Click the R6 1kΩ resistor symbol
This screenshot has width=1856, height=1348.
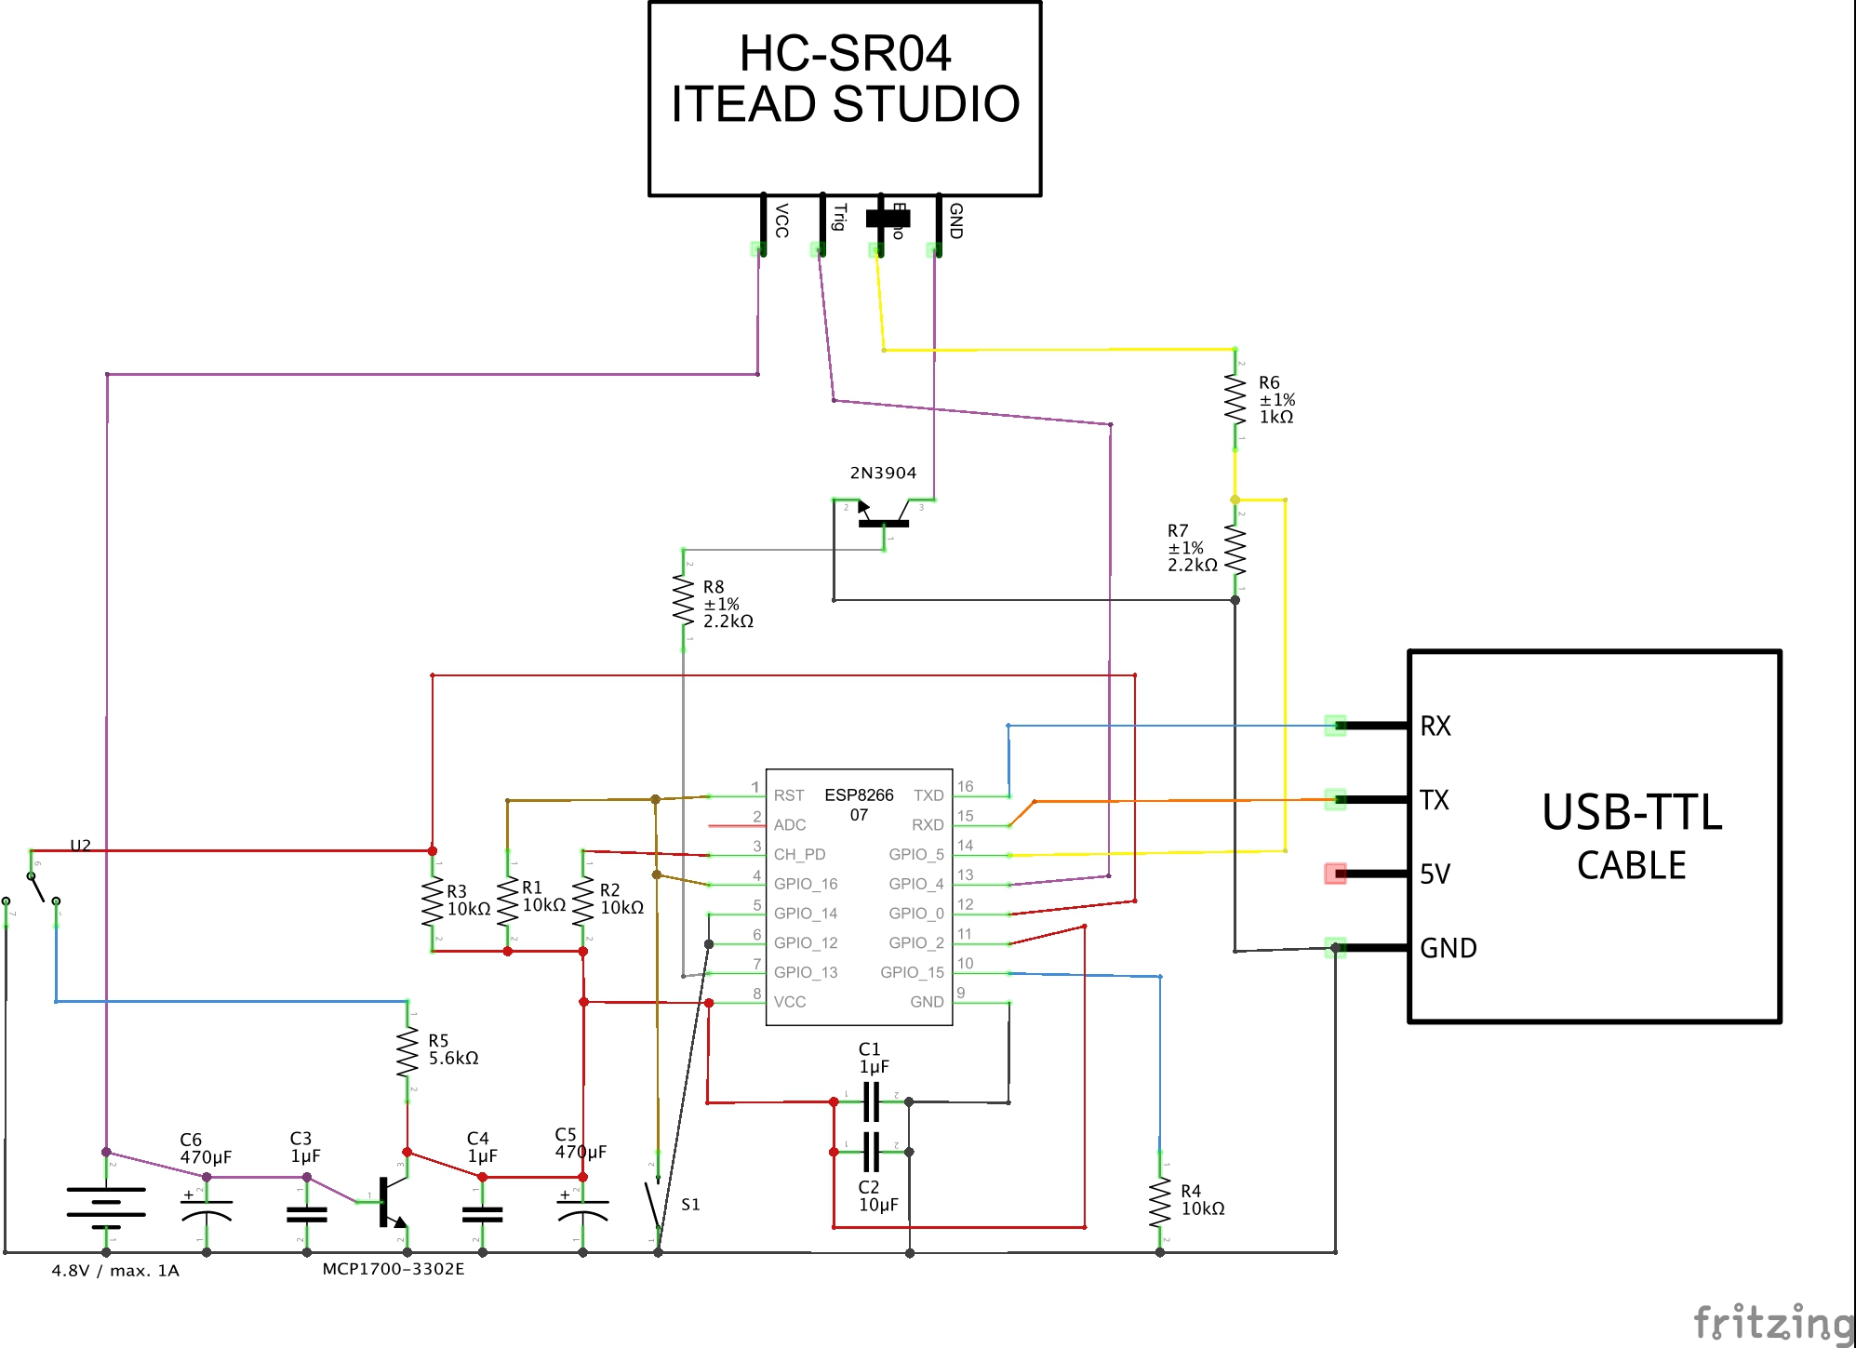(x=1235, y=398)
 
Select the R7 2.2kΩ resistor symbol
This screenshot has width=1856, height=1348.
(x=1235, y=549)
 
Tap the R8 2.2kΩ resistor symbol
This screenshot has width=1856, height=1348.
(x=684, y=601)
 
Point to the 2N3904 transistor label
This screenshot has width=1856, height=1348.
(x=883, y=473)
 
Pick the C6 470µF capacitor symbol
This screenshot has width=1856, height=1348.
(x=207, y=1208)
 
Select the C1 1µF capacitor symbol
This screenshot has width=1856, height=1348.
(x=872, y=1101)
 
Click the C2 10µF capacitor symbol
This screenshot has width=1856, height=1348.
(x=872, y=1152)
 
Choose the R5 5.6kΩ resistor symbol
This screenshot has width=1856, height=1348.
(x=407, y=1051)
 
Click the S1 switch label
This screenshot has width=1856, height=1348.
(x=690, y=1205)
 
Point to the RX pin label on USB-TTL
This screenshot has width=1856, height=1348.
(x=1435, y=727)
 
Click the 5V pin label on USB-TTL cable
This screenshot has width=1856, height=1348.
(x=1435, y=874)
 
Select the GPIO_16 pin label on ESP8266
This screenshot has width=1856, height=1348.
(x=806, y=884)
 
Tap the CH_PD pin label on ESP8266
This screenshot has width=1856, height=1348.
(x=800, y=854)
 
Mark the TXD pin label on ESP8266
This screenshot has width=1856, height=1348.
(x=928, y=795)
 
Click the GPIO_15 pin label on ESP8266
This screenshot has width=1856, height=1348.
(x=912, y=972)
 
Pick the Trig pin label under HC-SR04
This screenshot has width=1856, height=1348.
(x=839, y=217)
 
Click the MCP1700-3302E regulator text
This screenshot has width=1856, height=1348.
(x=394, y=1269)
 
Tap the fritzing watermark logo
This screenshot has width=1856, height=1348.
(x=1772, y=1322)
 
